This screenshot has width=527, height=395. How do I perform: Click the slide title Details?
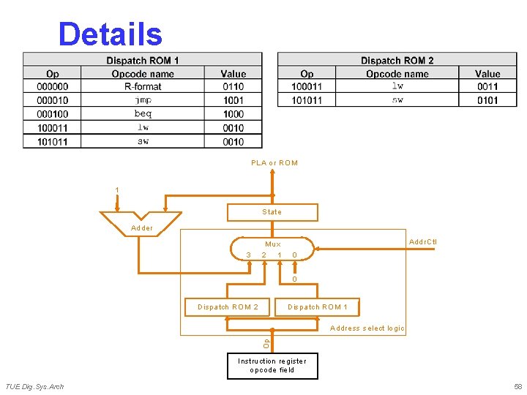[110, 34]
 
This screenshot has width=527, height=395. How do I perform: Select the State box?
[272, 212]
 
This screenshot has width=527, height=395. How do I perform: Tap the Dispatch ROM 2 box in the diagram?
[228, 307]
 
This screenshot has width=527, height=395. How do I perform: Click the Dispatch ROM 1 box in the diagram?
[318, 307]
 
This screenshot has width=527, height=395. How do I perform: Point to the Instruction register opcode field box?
[272, 366]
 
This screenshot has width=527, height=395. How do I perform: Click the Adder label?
[142, 228]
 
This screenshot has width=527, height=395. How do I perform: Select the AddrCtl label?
[423, 242]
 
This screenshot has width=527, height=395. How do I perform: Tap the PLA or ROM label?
[274, 163]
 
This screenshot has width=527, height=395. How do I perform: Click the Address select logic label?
[367, 328]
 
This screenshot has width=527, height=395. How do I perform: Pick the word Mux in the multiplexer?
[273, 245]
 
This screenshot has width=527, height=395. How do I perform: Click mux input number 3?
[249, 255]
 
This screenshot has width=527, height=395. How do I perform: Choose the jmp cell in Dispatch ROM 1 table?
[143, 100]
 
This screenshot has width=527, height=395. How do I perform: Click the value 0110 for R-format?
[233, 86]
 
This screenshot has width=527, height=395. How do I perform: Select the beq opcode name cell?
[143, 114]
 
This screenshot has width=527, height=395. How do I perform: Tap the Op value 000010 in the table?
[53, 100]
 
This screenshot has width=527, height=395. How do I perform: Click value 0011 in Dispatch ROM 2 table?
[487, 86]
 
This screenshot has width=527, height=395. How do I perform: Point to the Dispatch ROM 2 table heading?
[397, 60]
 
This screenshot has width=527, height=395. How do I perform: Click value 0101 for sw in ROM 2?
[487, 100]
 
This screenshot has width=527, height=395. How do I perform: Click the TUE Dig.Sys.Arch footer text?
[35, 386]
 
